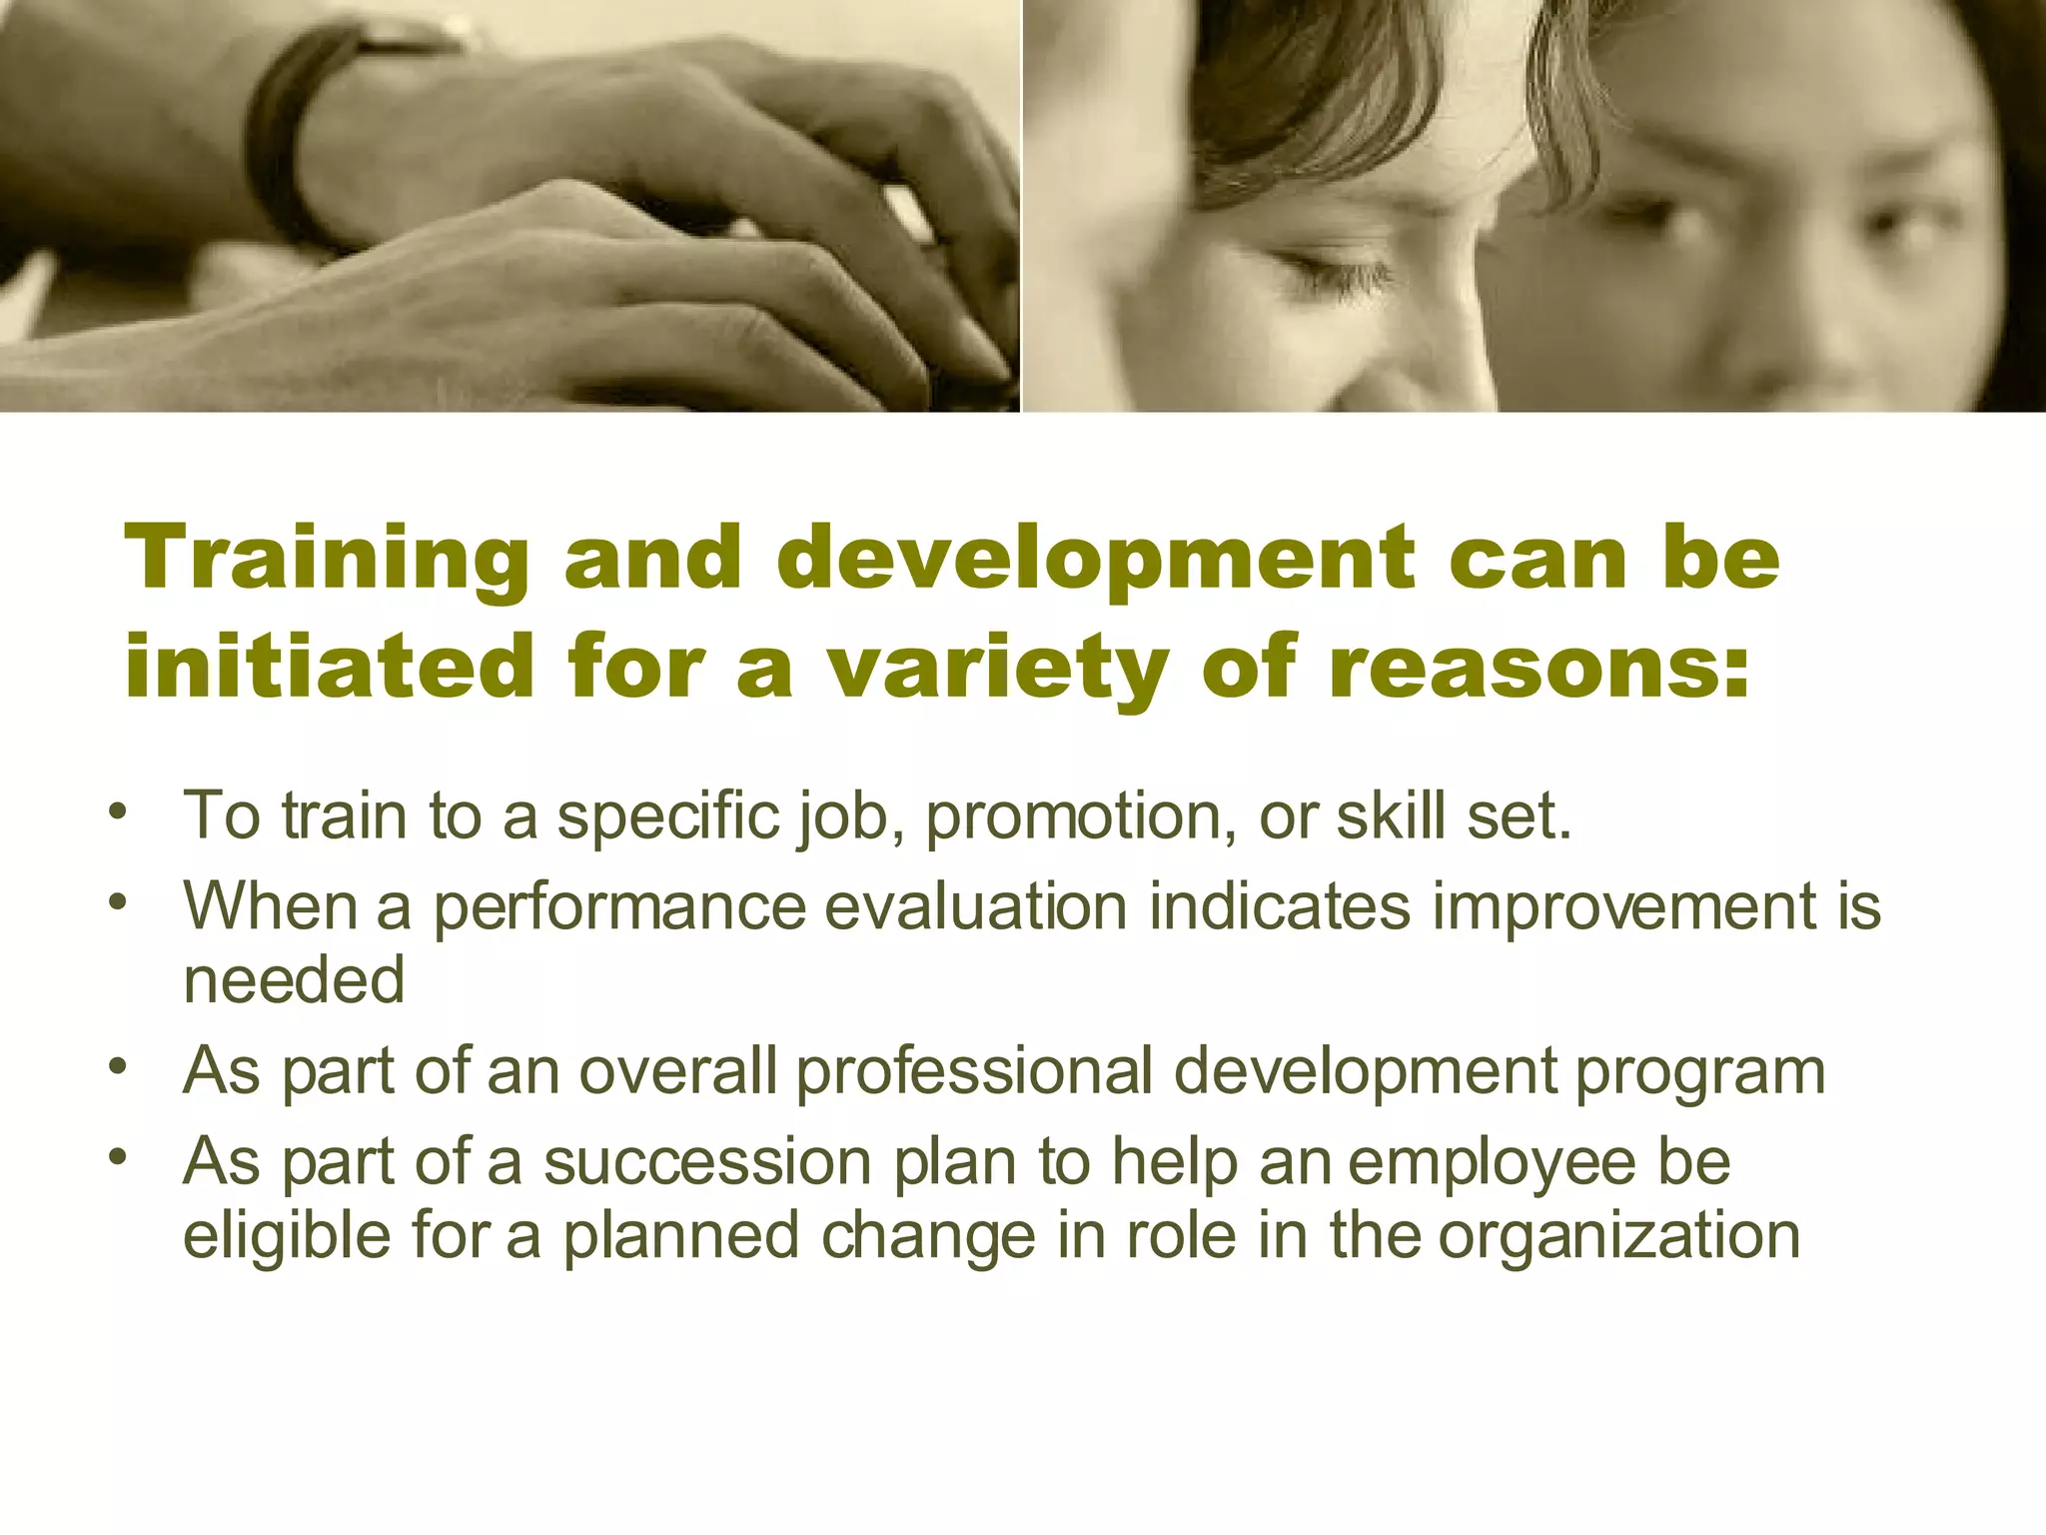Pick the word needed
tap(294, 980)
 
